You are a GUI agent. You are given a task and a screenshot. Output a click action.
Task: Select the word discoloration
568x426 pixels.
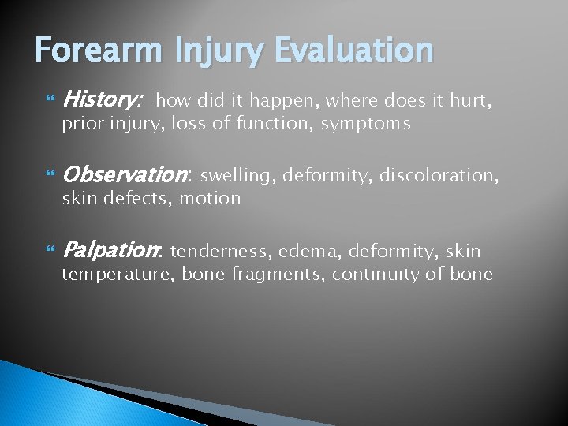click(x=428, y=174)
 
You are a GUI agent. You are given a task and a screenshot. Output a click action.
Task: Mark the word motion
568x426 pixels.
click(x=210, y=198)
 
